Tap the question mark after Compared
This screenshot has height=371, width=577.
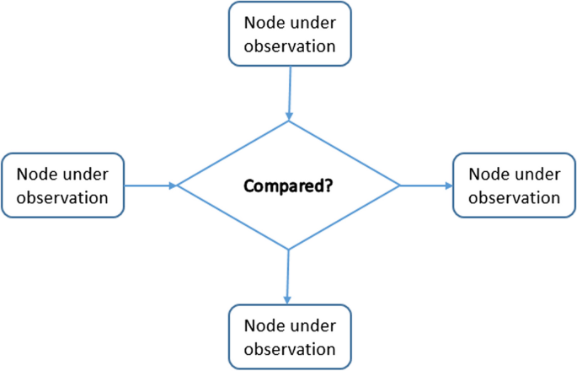[326, 185]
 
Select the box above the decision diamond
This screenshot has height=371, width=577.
[289, 34]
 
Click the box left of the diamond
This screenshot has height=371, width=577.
[64, 185]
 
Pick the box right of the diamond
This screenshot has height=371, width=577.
[513, 185]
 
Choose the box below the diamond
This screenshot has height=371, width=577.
[289, 336]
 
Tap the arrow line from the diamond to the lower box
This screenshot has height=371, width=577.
[288, 274]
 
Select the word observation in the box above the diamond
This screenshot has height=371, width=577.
[289, 46]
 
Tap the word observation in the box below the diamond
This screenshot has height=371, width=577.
[289, 348]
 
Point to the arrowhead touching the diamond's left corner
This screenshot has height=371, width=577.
[173, 185]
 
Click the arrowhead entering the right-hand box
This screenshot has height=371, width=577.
[448, 185]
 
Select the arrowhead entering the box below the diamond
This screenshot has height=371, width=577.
[288, 299]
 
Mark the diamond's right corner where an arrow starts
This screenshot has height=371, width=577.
[399, 185]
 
